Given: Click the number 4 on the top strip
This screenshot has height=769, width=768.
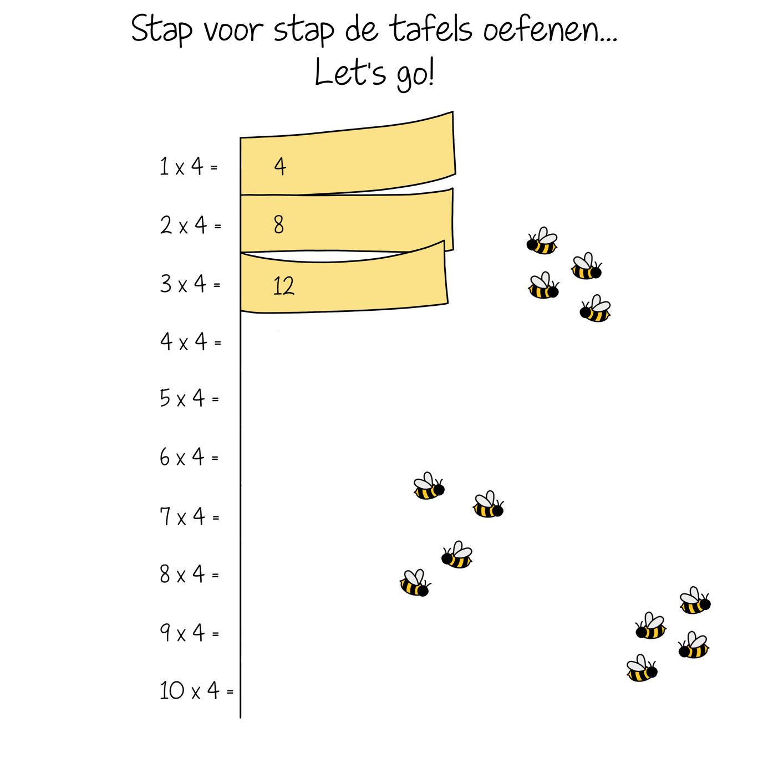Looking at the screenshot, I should pyautogui.click(x=280, y=166).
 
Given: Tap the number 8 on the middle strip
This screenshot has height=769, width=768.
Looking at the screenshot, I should pyautogui.click(x=278, y=224).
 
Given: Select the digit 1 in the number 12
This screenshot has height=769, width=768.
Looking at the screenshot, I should pyautogui.click(x=277, y=286).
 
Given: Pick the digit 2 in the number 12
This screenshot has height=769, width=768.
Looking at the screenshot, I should pyautogui.click(x=288, y=286).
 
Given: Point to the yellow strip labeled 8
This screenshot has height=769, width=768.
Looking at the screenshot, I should pyautogui.click(x=360, y=222).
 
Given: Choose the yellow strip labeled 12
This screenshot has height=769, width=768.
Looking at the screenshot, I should pyautogui.click(x=360, y=285).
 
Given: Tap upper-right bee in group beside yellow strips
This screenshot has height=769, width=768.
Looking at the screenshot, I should pyautogui.click(x=583, y=266).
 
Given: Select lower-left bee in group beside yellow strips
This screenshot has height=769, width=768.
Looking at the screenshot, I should pyautogui.click(x=540, y=286).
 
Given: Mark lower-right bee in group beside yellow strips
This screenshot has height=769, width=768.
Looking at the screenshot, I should pyautogui.click(x=598, y=309).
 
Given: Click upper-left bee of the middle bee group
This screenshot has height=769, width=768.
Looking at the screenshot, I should pyautogui.click(x=425, y=486).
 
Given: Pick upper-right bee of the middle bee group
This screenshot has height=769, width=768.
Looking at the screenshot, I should pyautogui.click(x=485, y=505).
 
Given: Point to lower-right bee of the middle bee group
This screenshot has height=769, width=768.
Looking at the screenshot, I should pyautogui.click(x=460, y=555).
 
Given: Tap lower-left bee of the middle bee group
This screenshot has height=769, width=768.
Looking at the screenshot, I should pyautogui.click(x=413, y=583).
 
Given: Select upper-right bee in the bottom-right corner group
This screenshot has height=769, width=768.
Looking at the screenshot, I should pyautogui.click(x=692, y=601).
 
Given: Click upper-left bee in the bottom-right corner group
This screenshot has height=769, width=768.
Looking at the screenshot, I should pyautogui.click(x=654, y=626).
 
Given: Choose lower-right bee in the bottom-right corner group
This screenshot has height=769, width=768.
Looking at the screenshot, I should pyautogui.click(x=696, y=645).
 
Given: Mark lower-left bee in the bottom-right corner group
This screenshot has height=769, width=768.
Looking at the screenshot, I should pyautogui.click(x=638, y=668).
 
